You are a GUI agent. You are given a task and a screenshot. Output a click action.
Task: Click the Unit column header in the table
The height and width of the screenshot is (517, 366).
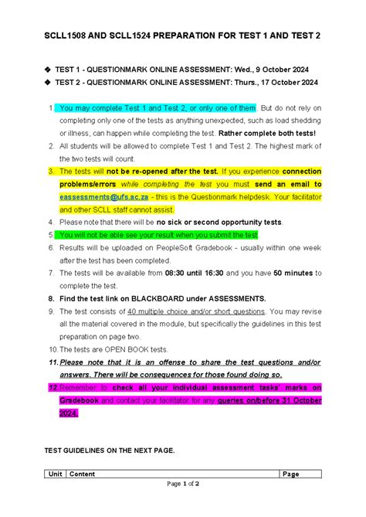[55, 474]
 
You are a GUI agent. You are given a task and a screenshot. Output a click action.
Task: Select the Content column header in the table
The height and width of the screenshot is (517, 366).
[83, 474]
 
